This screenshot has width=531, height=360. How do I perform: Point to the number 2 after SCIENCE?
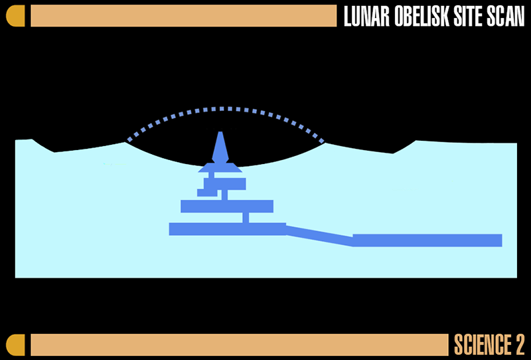click(x=520, y=345)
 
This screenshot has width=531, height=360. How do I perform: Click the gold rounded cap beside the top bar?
click(x=15, y=15)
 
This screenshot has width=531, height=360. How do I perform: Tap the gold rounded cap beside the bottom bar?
click(x=15, y=345)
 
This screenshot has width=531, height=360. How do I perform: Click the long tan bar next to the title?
click(x=184, y=15)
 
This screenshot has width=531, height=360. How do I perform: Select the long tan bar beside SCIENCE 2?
click(x=240, y=345)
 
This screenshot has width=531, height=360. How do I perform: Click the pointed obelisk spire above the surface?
click(x=220, y=147)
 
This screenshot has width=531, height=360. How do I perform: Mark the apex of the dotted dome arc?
click(x=222, y=109)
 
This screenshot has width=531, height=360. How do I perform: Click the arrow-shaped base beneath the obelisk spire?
click(x=220, y=167)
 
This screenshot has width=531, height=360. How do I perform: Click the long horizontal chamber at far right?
click(x=427, y=240)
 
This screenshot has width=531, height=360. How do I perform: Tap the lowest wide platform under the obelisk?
click(x=228, y=228)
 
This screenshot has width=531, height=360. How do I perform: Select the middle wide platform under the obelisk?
click(x=227, y=206)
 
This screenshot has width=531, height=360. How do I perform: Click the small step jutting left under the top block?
click(x=207, y=193)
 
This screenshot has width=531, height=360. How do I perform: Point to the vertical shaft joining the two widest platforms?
click(x=246, y=218)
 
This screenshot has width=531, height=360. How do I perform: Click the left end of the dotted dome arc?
click(x=128, y=140)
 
